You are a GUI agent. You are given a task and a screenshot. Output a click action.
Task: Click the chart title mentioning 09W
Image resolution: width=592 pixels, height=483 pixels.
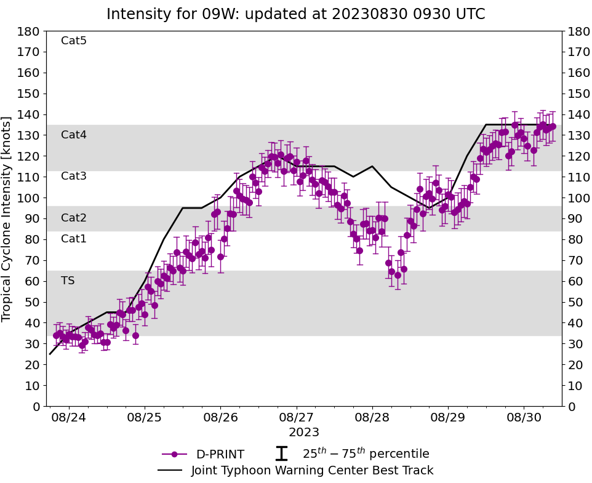(x=295, y=14)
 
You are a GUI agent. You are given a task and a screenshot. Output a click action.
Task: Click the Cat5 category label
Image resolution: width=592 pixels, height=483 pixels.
(x=74, y=41)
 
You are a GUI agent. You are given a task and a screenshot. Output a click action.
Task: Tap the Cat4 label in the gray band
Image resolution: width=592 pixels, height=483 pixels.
(x=74, y=135)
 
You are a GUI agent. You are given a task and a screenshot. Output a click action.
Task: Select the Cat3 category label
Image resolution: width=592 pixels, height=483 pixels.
(x=74, y=177)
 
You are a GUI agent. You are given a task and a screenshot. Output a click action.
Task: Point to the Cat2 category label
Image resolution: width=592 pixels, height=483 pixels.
(x=74, y=218)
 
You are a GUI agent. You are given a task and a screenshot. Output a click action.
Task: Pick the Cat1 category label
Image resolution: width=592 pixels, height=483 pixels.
(x=74, y=239)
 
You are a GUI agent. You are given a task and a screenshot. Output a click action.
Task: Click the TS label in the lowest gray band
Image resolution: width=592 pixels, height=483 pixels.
(x=68, y=281)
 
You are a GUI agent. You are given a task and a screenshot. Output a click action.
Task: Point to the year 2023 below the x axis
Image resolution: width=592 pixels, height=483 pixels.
(x=304, y=433)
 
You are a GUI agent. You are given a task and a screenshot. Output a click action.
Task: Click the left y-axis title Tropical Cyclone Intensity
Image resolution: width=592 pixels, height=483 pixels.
(x=7, y=218)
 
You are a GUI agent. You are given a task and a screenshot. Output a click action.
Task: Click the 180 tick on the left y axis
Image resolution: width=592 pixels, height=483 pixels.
(x=30, y=31)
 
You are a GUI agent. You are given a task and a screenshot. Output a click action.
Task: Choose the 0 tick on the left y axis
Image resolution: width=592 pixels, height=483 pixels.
(x=36, y=407)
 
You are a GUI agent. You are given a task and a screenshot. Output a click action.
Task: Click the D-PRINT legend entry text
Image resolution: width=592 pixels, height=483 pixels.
(x=220, y=455)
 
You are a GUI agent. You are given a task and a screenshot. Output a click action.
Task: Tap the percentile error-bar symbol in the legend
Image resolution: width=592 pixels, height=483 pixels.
(x=281, y=454)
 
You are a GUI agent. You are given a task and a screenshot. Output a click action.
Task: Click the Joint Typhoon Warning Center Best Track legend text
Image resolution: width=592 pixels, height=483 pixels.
(x=312, y=471)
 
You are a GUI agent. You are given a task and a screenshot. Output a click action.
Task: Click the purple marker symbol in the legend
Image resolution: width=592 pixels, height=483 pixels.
(x=174, y=454)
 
